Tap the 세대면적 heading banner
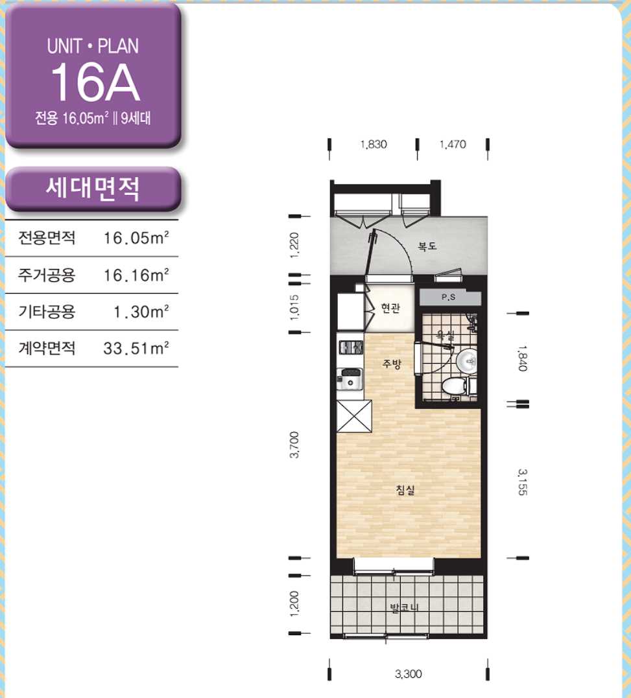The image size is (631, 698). click(x=93, y=189)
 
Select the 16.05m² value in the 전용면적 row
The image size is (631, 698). click(x=136, y=238)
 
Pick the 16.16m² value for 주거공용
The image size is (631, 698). click(x=136, y=275)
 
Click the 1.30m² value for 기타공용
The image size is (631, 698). click(x=141, y=312)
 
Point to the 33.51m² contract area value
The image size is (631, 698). click(x=136, y=349)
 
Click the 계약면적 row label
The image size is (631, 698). click(x=47, y=348)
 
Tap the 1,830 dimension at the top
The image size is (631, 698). click(x=373, y=145)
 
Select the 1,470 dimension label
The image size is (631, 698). click(x=453, y=145)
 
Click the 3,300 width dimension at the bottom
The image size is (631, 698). click(x=409, y=674)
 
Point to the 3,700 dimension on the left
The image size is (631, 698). click(x=294, y=445)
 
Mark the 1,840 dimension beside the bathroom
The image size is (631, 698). click(x=523, y=358)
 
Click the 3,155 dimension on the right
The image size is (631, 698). click(x=523, y=482)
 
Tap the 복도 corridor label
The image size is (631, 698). click(x=427, y=246)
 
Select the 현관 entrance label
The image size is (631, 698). click(x=390, y=308)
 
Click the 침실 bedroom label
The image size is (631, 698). click(x=405, y=491)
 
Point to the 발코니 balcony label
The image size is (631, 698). click(x=404, y=607)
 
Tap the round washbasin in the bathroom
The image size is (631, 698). click(x=467, y=360)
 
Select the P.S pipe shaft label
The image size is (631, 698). click(x=448, y=297)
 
